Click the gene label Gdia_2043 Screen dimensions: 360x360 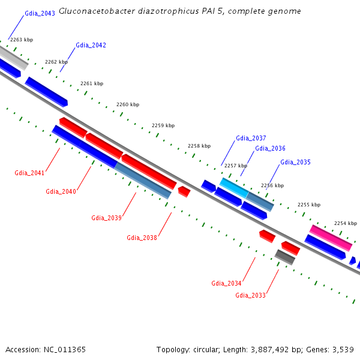40,13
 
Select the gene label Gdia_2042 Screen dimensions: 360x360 91,45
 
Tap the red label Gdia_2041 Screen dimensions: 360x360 29,173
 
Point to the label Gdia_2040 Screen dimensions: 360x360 61,191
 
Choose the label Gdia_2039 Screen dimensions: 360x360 106,217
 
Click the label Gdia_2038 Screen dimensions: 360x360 142,238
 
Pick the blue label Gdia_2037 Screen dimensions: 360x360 251,138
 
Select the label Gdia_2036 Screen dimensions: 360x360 270,148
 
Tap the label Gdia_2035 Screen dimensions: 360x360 295,162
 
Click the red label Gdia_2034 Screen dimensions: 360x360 226,283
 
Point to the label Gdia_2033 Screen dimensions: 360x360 250,295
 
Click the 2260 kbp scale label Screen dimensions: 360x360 128,104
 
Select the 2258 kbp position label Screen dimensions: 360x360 199,146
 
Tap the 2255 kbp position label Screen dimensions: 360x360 309,205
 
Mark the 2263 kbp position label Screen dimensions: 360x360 22,40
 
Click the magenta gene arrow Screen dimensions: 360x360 331,238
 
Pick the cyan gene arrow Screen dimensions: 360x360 233,187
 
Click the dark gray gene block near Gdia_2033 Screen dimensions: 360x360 285,257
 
